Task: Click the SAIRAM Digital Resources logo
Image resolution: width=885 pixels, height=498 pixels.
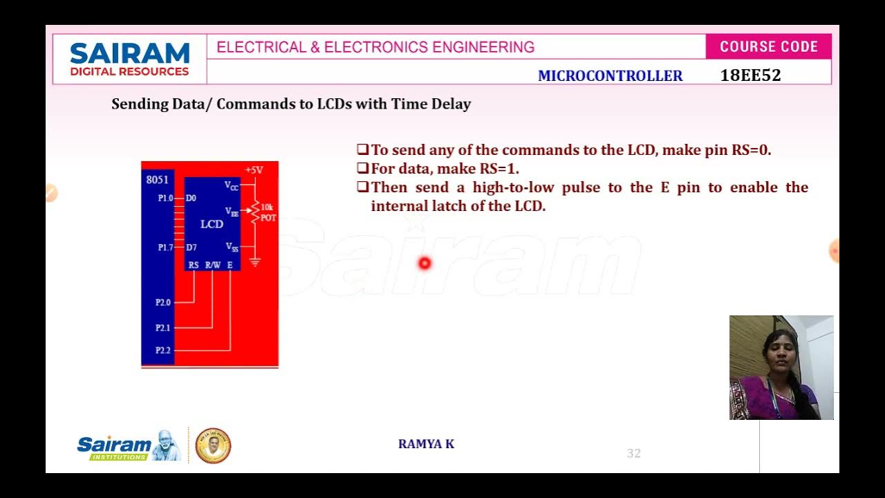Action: [129, 59]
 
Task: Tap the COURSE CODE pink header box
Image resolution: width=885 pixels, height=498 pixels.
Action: [768, 47]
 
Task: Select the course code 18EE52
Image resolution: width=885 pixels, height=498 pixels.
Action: [750, 75]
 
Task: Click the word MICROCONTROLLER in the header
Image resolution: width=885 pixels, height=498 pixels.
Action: [610, 76]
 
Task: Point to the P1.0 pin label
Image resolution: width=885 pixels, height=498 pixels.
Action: [165, 199]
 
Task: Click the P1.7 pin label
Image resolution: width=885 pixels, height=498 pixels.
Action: [165, 248]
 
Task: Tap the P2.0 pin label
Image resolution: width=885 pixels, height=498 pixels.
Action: [163, 302]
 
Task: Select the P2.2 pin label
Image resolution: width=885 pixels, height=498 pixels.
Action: [163, 351]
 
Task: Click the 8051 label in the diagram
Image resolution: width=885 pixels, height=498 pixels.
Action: [157, 180]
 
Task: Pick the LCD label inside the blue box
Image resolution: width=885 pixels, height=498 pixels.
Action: [212, 224]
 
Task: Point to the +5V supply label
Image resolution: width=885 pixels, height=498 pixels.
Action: [254, 169]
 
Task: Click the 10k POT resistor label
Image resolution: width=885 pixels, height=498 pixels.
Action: [268, 212]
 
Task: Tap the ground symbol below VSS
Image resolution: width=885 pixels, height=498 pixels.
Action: [255, 263]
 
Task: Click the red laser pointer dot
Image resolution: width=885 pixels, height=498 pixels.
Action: [425, 263]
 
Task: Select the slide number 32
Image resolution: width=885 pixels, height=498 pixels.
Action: [633, 454]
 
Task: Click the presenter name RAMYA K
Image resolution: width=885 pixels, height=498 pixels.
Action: [426, 444]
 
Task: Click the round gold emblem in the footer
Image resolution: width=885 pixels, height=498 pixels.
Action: [213, 445]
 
